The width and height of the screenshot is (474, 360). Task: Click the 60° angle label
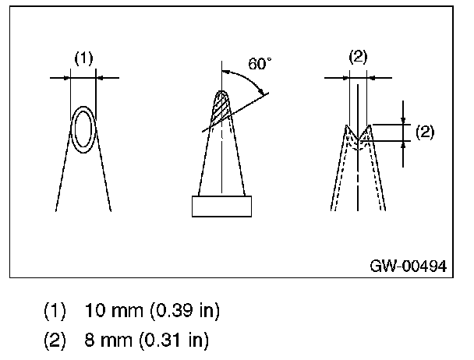click(260, 64)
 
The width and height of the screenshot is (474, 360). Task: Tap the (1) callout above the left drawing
click(83, 58)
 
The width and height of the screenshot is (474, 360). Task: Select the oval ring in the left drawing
click(83, 129)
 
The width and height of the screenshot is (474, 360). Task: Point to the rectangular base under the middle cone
click(222, 206)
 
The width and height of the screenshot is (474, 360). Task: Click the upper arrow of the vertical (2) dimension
click(404, 119)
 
